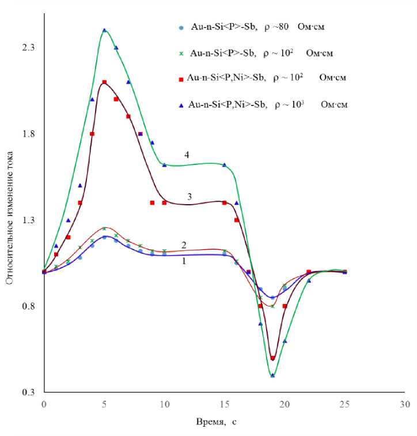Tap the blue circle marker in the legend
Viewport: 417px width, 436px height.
[181, 27]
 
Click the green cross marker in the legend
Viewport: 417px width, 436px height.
[181, 54]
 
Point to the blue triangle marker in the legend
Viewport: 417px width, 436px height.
[181, 104]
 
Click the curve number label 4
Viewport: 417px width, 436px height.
[187, 155]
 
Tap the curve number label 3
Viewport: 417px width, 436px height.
[188, 197]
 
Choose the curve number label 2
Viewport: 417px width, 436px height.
[184, 246]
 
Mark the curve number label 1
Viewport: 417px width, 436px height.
[184, 261]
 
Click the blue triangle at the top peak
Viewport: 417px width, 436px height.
[104, 30]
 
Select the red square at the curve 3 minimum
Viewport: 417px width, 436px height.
[272, 358]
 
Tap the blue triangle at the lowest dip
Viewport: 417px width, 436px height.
[272, 375]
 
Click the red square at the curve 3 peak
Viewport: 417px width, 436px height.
[104, 82]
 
